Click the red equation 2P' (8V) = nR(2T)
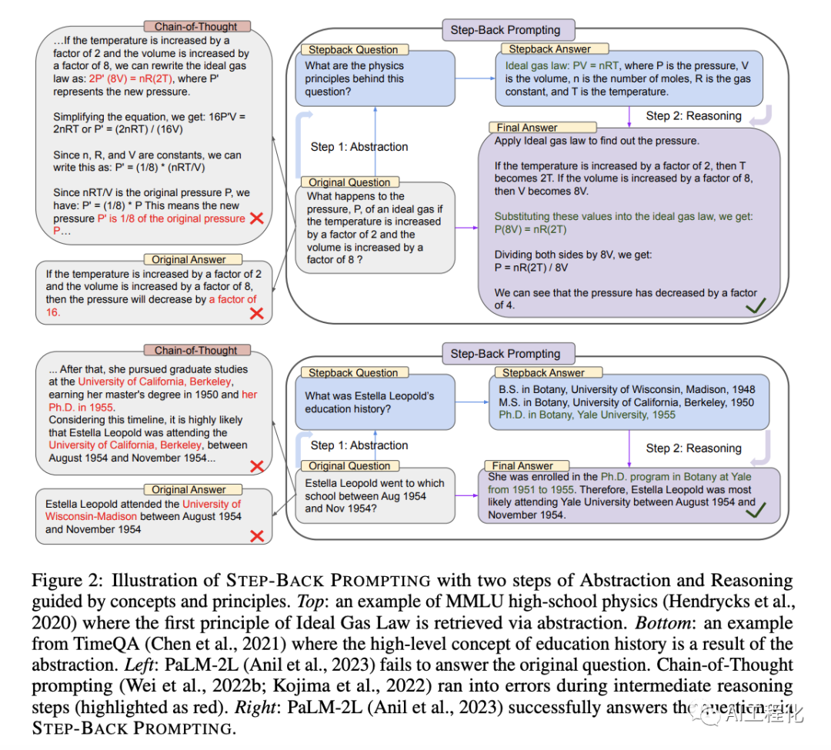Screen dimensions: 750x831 (128, 79)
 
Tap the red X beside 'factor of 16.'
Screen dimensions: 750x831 (256, 313)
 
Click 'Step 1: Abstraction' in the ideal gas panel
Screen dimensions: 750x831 (359, 147)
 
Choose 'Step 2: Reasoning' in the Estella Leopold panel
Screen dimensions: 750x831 (693, 448)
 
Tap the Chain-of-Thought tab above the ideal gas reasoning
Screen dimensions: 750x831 (196, 27)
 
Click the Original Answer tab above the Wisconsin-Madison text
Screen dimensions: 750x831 (189, 489)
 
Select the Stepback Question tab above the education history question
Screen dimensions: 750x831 (353, 373)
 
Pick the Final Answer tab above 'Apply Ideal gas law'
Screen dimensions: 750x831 (526, 128)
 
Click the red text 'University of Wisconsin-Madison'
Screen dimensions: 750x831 (142, 510)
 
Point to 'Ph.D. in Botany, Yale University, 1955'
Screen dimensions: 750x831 (587, 415)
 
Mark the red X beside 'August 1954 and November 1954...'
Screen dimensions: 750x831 (256, 465)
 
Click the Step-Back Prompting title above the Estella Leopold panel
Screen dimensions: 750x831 (505, 354)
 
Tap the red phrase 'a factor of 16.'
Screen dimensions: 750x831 (232, 299)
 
